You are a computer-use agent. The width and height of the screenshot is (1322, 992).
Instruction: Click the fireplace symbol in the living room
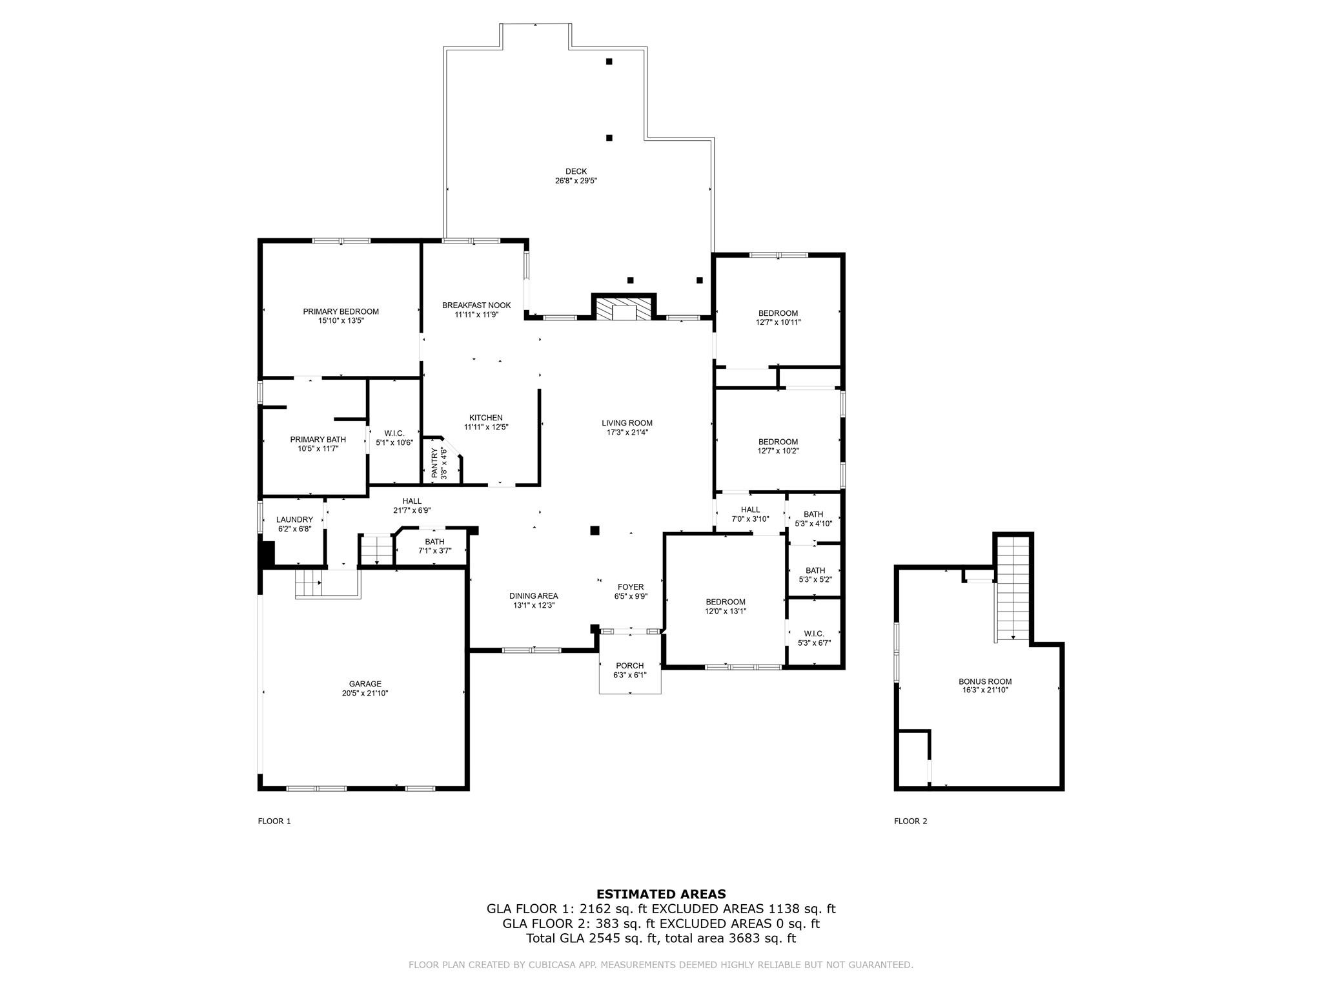pos(624,309)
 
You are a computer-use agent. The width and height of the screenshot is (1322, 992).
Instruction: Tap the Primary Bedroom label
pos(341,311)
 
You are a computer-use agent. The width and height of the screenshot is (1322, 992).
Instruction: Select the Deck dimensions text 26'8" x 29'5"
pos(576,181)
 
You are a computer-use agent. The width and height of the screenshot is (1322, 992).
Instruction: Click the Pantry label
pos(434,463)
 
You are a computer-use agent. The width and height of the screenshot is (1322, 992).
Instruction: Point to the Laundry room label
pos(294,519)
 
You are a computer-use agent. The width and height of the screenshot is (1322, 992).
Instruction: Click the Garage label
pos(365,684)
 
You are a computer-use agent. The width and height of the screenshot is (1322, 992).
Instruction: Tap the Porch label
pos(629,666)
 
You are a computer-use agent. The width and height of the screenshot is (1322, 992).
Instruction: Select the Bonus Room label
pos(985,681)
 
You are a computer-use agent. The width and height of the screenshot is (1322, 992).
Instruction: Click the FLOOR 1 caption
pos(274,821)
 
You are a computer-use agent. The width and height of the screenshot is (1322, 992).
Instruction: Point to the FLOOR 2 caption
pos(910,821)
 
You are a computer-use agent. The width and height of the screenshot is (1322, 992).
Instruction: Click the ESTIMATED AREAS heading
pos(661,894)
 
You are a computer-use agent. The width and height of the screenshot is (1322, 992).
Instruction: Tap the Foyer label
pos(630,587)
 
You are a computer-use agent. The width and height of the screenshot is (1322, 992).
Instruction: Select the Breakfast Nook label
pos(476,305)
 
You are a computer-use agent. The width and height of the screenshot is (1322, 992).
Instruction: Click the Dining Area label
pos(533,596)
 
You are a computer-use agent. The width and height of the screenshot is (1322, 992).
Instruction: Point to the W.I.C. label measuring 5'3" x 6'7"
pos(814,634)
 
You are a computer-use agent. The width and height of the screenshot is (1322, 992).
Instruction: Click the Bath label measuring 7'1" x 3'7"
pos(434,542)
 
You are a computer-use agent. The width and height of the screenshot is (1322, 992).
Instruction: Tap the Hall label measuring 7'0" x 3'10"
pos(750,510)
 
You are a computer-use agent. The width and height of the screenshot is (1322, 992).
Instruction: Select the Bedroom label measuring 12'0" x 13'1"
pos(726,601)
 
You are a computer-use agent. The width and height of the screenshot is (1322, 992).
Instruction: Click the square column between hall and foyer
pos(595,531)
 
